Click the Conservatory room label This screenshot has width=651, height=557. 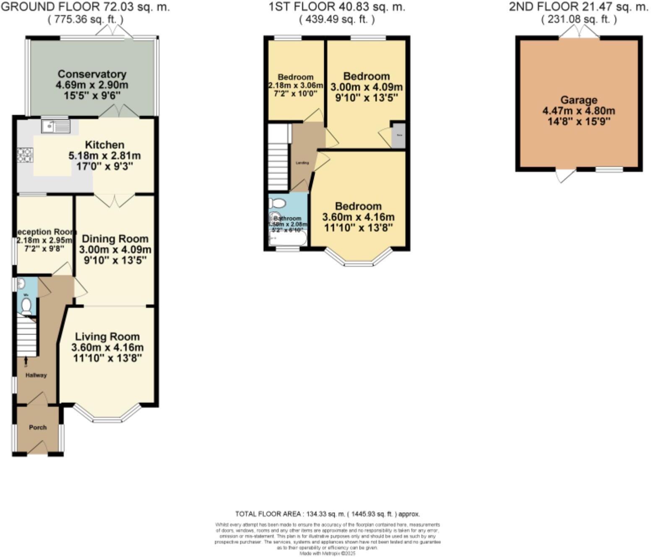pos(92,74)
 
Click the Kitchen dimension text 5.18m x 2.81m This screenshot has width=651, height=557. pos(104,156)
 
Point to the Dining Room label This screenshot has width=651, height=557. pos(115,239)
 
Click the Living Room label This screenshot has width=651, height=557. pos(107,336)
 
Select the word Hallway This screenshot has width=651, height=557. pos(36,375)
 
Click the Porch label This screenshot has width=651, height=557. pos(38,427)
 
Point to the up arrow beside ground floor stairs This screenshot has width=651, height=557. pos(26,360)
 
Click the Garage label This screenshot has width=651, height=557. pos(579,100)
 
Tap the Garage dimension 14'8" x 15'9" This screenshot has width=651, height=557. pos(579,122)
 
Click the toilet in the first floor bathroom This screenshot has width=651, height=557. pos(277,203)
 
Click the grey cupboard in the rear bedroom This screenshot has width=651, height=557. pos(398,135)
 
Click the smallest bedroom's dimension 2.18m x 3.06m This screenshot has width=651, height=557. pos(296,86)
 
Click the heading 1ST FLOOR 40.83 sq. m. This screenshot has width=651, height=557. pos(337,6)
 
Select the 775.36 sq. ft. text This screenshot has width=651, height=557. pos(86,19)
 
